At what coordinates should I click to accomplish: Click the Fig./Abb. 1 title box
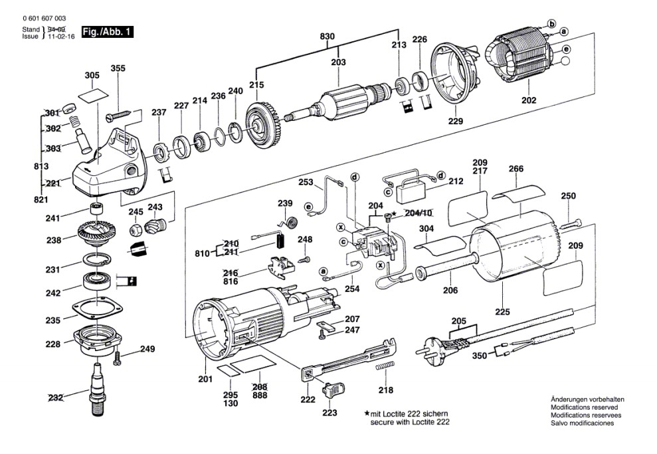107,32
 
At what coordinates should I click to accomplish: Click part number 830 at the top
328,37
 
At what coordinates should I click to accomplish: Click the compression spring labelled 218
385,366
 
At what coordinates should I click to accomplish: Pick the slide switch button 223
333,390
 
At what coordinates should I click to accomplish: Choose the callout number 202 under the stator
529,100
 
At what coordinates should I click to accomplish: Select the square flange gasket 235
98,309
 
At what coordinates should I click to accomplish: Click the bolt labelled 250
570,223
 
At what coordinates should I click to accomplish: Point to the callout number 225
502,311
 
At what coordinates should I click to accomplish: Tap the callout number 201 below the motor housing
205,379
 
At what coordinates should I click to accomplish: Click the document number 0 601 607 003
45,19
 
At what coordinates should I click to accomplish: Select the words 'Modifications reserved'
584,407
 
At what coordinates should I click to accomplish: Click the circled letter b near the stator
552,23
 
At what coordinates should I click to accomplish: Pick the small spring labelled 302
74,122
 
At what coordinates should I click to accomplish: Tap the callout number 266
516,169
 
